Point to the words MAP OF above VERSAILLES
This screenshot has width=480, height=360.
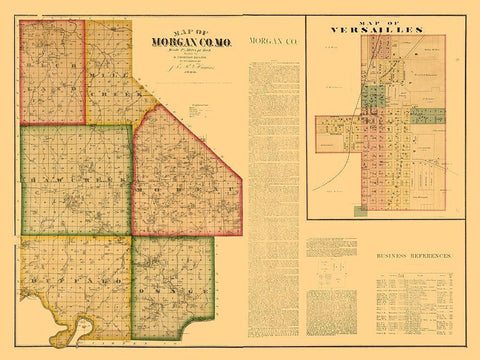point(377,20)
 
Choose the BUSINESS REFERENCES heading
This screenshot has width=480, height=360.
point(413,256)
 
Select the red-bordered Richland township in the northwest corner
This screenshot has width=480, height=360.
point(52,72)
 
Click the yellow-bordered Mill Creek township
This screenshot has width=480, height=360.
point(115,80)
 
